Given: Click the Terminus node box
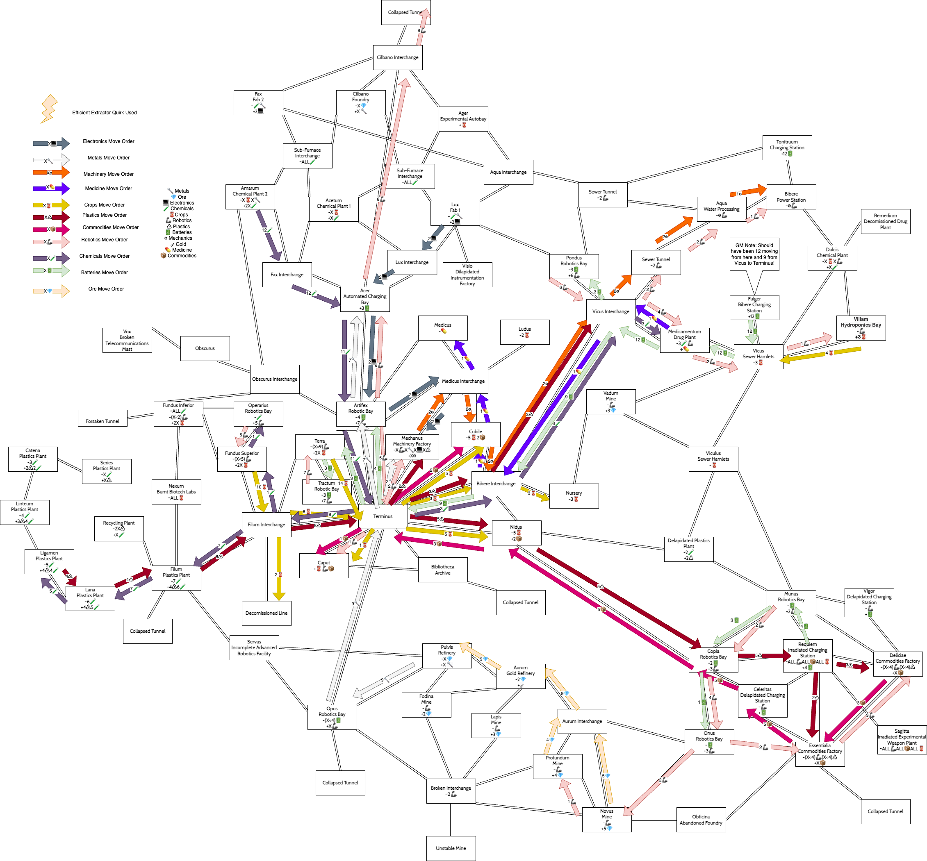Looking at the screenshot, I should coord(383,516).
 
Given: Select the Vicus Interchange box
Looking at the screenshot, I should coord(610,311).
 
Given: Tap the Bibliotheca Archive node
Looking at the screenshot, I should coord(442,570).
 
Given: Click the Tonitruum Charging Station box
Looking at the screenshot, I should coord(787,148).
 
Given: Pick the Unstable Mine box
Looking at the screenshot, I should coord(451,848).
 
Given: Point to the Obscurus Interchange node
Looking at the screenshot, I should coord(275,379).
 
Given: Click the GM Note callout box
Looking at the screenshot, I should coord(754,254).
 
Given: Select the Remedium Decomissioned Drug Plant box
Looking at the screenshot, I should coord(885,221).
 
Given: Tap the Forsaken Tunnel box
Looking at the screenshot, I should coord(102,421).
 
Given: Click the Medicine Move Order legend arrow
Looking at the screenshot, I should coord(51,188).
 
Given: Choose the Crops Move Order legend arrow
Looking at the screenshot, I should coord(51,205).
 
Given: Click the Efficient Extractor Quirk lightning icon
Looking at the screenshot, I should coord(49,109).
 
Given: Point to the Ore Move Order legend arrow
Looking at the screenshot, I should coord(51,291).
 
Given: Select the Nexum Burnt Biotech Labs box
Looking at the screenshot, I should coord(176,491).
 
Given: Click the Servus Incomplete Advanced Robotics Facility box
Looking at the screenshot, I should coord(254,647).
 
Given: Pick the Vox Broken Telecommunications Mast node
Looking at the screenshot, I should coord(127,340).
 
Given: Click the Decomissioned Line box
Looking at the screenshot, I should coord(266,613).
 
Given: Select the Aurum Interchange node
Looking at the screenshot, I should coord(582,721).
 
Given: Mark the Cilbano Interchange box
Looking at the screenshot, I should coord(398,57).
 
